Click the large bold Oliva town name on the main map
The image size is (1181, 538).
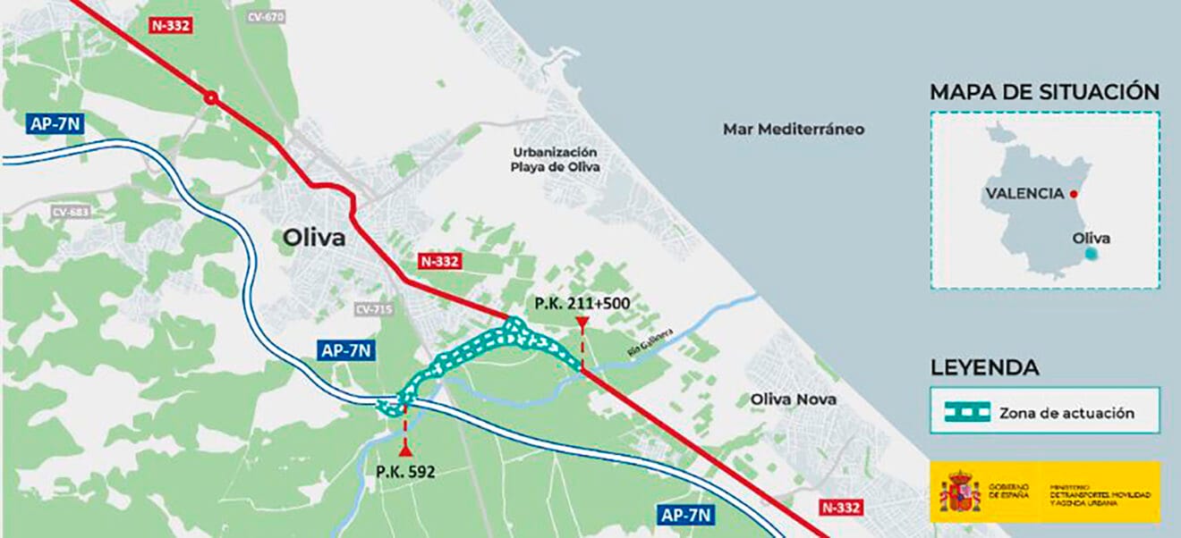[x=314, y=238]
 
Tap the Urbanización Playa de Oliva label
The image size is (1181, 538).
[x=555, y=159]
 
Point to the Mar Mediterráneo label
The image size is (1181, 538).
[x=794, y=129]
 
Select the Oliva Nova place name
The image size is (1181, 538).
[x=794, y=399]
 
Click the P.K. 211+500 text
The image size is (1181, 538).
[x=582, y=303]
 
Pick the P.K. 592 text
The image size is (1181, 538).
[x=405, y=472]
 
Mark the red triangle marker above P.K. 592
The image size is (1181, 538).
[x=405, y=450]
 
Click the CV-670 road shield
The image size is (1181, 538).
[x=264, y=17]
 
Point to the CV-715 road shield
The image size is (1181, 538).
[x=373, y=309]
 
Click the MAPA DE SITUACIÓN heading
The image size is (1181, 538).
[x=1044, y=92]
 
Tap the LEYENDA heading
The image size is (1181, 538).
[x=984, y=367]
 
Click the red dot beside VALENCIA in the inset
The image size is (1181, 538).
[x=1073, y=194]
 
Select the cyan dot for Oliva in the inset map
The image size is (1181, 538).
[x=1090, y=254]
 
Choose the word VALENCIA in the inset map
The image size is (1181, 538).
[x=1024, y=193]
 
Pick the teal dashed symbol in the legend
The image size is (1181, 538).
[x=967, y=412]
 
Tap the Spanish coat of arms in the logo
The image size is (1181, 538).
[x=960, y=492]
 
